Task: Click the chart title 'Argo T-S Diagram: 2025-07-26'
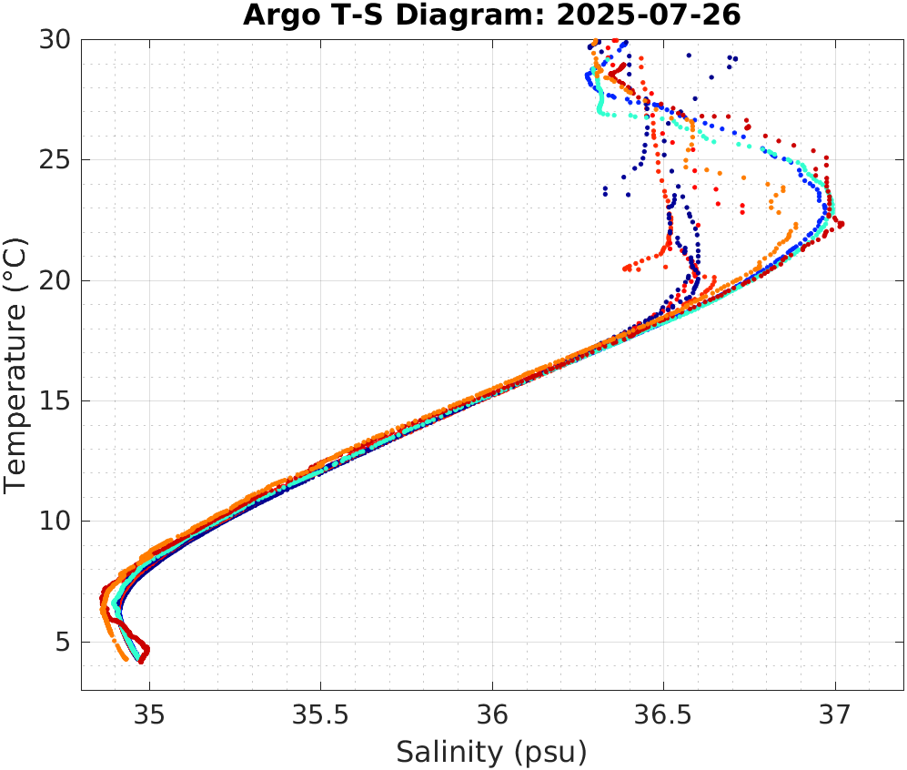pos(492,16)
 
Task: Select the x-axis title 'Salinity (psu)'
pos(492,752)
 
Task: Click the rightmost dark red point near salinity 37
pos(841,224)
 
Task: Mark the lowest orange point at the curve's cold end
pos(126,658)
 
